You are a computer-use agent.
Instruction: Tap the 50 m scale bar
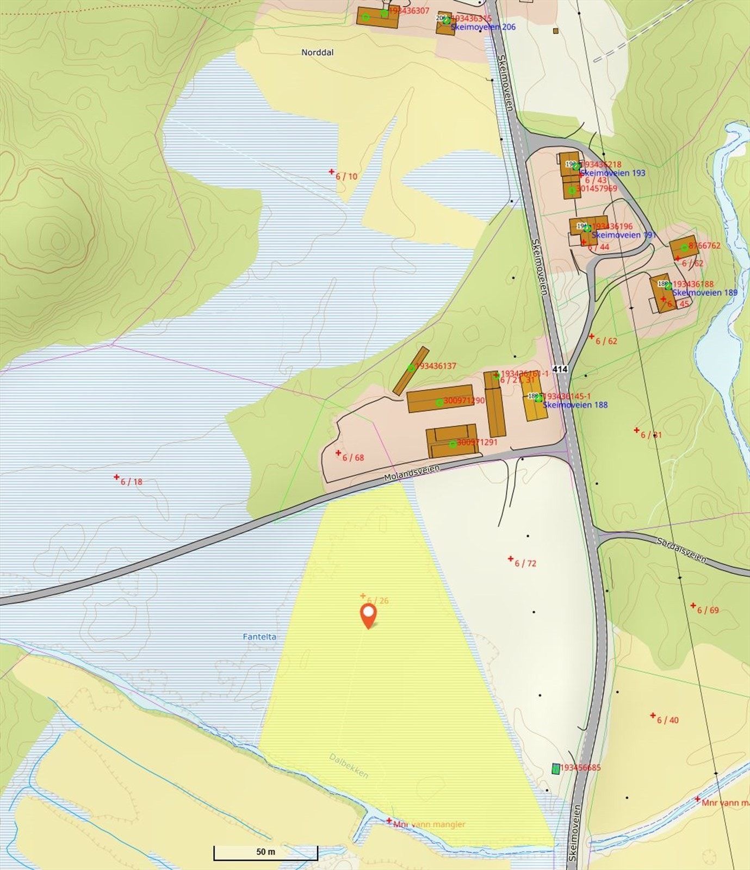[x=265, y=852]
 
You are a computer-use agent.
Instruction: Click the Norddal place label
[x=318, y=53]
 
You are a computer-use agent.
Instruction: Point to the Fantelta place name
[x=259, y=637]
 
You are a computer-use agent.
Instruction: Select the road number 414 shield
[x=560, y=369]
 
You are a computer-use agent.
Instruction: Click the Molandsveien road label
[x=411, y=472]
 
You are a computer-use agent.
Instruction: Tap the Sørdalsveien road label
[x=681, y=550]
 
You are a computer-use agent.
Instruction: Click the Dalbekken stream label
[x=349, y=766]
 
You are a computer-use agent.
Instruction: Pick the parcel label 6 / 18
[x=131, y=482]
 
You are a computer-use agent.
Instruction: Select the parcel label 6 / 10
[x=346, y=177]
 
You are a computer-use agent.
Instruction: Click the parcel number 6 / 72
[x=525, y=563]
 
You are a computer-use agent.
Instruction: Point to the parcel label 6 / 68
[x=353, y=458]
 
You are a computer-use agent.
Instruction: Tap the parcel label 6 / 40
[x=667, y=720]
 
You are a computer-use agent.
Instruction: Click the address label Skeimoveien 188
[x=575, y=405]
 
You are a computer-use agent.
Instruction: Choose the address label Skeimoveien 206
[x=483, y=27]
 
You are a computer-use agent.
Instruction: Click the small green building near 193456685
[x=555, y=768]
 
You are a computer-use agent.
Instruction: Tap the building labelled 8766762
[x=683, y=247]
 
